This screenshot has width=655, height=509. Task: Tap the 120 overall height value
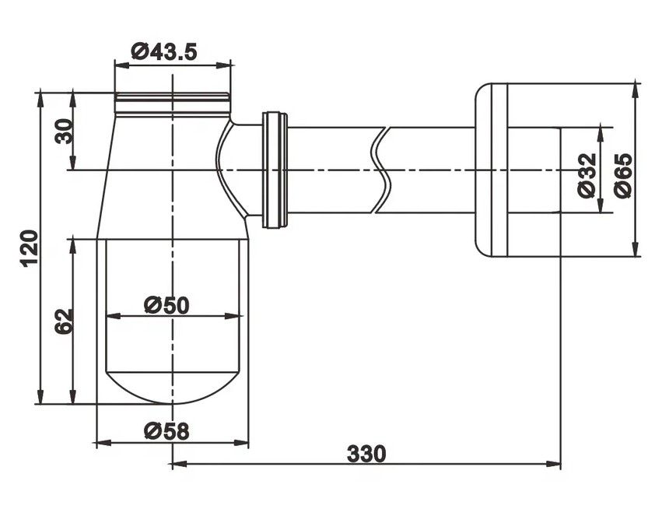[x=29, y=247]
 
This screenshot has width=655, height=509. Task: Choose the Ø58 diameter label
[x=166, y=430]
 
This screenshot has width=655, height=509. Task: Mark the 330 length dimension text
[x=366, y=453]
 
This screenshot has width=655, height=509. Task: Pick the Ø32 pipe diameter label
[x=587, y=168]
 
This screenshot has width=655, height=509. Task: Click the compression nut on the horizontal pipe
[x=275, y=170]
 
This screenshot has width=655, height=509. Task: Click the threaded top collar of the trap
[x=173, y=99]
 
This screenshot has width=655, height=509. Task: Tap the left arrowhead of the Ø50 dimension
[x=110, y=316]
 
